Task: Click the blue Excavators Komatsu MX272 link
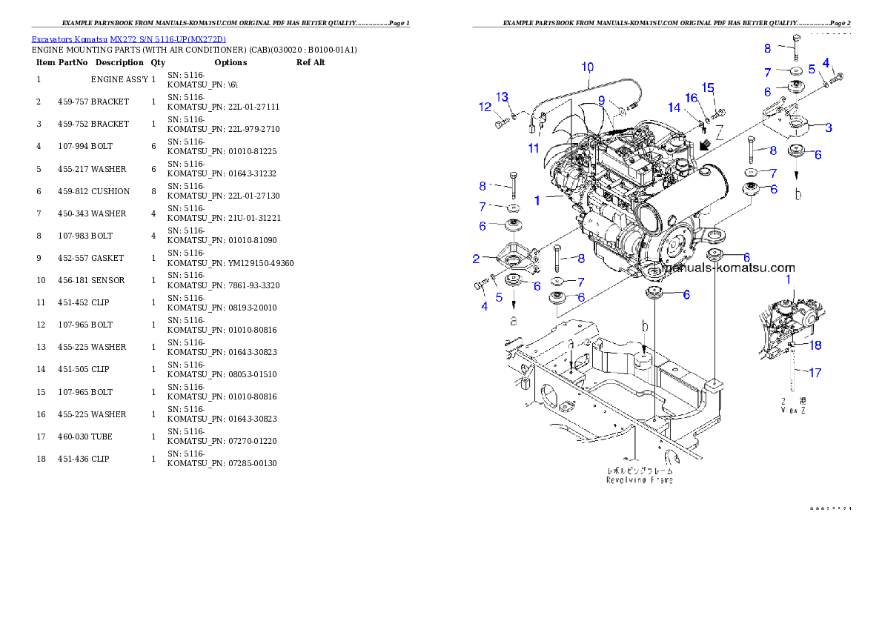coord(128,39)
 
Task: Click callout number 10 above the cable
coord(587,67)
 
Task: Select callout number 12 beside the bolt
coord(485,107)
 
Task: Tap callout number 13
coord(503,97)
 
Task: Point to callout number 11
coord(534,147)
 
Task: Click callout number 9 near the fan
coord(602,100)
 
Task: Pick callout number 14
coord(674,107)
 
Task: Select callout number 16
coord(691,98)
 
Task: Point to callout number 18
coord(815,345)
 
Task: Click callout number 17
coord(814,373)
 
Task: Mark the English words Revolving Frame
coord(640,480)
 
